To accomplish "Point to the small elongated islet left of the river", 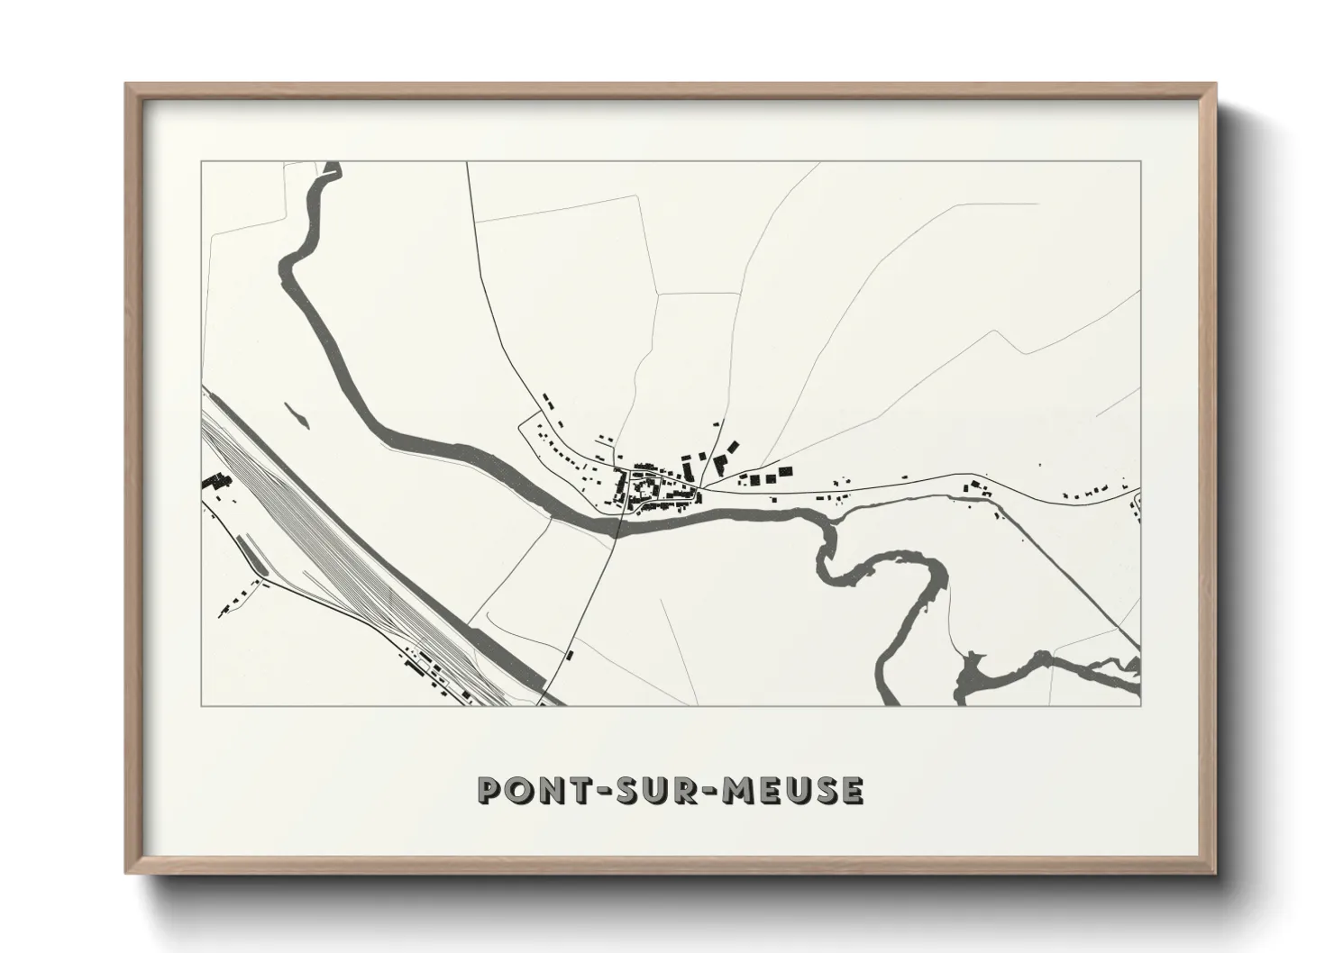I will click(295, 413).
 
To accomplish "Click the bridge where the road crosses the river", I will click(621, 523).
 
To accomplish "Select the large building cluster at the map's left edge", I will click(216, 482).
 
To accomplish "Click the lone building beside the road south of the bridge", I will click(569, 654).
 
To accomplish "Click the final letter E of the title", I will click(852, 790).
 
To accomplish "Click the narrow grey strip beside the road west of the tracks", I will click(254, 559).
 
